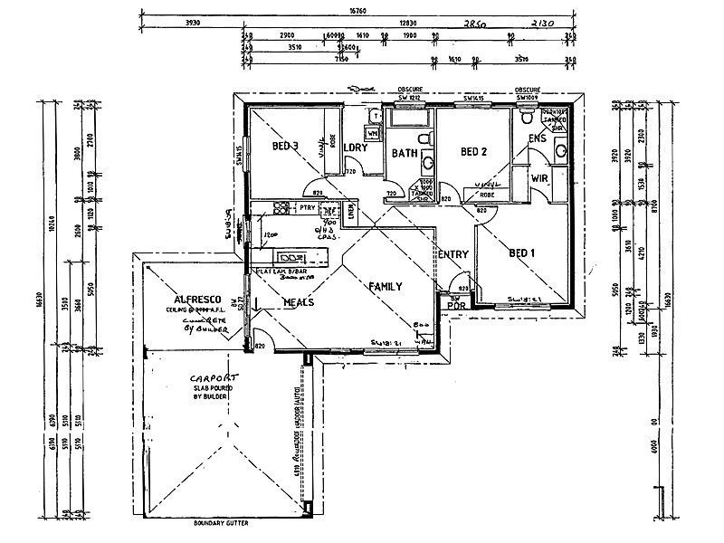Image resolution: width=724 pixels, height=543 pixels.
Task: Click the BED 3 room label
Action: (285, 146)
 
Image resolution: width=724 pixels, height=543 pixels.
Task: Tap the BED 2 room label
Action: (474, 151)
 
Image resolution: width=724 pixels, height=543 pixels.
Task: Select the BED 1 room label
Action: (523, 252)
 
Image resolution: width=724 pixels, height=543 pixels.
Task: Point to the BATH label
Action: (404, 153)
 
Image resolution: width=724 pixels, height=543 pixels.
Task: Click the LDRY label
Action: (355, 146)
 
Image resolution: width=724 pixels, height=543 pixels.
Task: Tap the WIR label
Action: (541, 177)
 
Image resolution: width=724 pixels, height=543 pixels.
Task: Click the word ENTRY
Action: (452, 255)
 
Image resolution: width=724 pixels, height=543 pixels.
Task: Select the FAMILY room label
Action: (385, 286)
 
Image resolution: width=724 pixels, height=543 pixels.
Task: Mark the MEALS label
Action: (298, 302)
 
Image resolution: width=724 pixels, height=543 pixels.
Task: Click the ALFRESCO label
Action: (191, 299)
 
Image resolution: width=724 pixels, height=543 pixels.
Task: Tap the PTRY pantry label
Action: (305, 208)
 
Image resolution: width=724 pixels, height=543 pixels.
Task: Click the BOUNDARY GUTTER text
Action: (221, 523)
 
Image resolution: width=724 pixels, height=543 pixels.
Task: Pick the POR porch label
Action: (456, 304)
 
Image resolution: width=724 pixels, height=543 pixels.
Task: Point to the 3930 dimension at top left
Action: (192, 24)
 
